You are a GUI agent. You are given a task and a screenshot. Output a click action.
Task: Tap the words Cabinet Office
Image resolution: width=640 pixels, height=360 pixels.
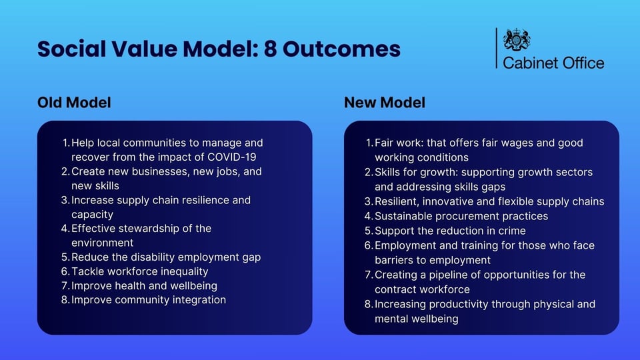point(553,63)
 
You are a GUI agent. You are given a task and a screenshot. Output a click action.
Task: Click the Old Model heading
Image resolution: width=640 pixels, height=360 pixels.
point(74,103)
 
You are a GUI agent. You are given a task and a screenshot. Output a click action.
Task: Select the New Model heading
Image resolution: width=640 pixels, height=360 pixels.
point(385,103)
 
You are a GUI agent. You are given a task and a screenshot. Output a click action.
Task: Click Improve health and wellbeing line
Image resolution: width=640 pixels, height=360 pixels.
point(144,286)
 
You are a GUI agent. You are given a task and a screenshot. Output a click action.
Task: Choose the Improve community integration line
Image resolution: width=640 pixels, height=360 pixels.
point(148,300)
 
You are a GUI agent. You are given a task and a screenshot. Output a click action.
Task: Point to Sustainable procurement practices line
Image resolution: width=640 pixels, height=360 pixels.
point(461,216)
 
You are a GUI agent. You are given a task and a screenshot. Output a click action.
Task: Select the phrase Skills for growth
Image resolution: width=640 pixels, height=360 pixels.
point(414,172)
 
